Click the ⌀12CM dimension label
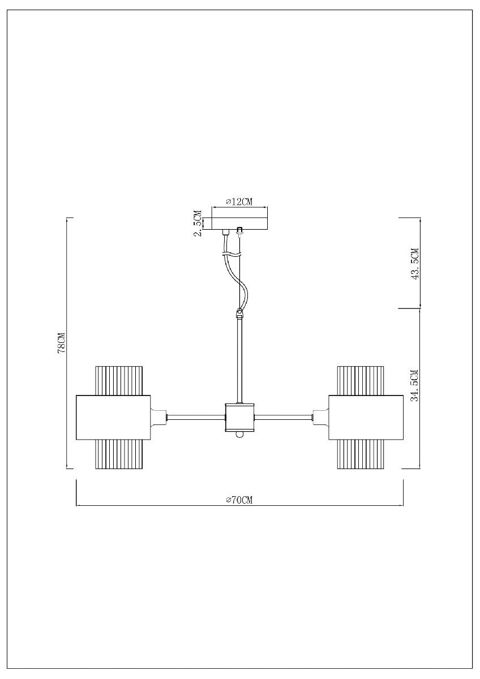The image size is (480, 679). click(x=239, y=202)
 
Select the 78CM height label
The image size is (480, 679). click(x=62, y=343)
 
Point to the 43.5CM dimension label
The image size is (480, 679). click(x=415, y=264)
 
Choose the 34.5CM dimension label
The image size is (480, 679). click(x=415, y=385)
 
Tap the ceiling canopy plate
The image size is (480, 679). click(x=239, y=224)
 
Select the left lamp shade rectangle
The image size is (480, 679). click(x=113, y=418)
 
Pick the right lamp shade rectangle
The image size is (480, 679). click(x=366, y=418)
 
